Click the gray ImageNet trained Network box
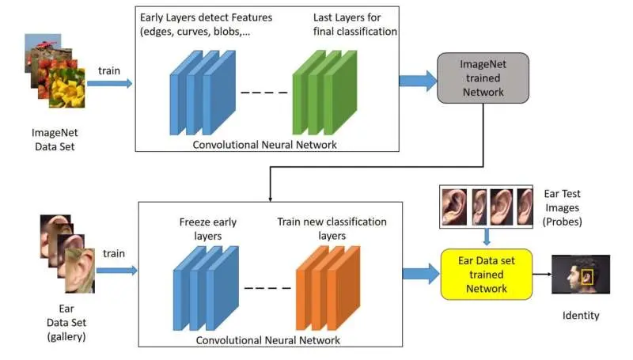[483, 78]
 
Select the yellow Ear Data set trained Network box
[487, 275]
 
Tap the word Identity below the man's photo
[581, 315]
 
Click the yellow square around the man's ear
[587, 277]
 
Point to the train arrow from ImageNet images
[110, 84]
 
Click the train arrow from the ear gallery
[117, 271]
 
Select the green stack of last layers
[324, 93]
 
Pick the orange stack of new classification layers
[328, 288]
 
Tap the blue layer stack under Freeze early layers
[206, 288]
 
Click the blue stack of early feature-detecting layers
[203, 93]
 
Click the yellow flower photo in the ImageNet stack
[67, 89]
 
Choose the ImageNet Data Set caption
[55, 139]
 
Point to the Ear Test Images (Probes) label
[562, 207]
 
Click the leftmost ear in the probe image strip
[453, 207]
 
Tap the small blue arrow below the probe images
[487, 237]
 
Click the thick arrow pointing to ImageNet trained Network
[419, 81]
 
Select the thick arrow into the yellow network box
[421, 274]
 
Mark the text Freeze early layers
[208, 229]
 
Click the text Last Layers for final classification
[354, 25]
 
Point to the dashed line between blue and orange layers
[267, 288]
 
